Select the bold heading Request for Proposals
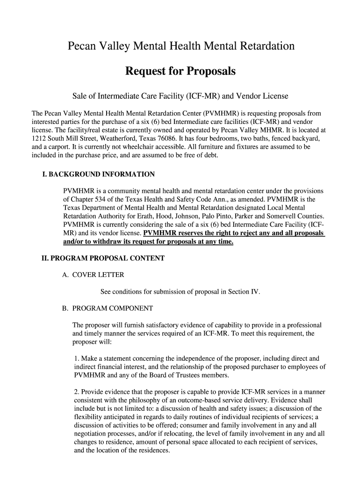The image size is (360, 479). pyautogui.click(x=180, y=72)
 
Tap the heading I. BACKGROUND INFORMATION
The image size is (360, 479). pyautogui.click(x=98, y=174)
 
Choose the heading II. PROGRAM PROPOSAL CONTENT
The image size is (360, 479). pyautogui.click(x=103, y=258)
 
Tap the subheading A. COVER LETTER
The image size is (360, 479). pyautogui.click(x=93, y=275)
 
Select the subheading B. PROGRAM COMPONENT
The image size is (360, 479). pyautogui.click(x=108, y=309)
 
